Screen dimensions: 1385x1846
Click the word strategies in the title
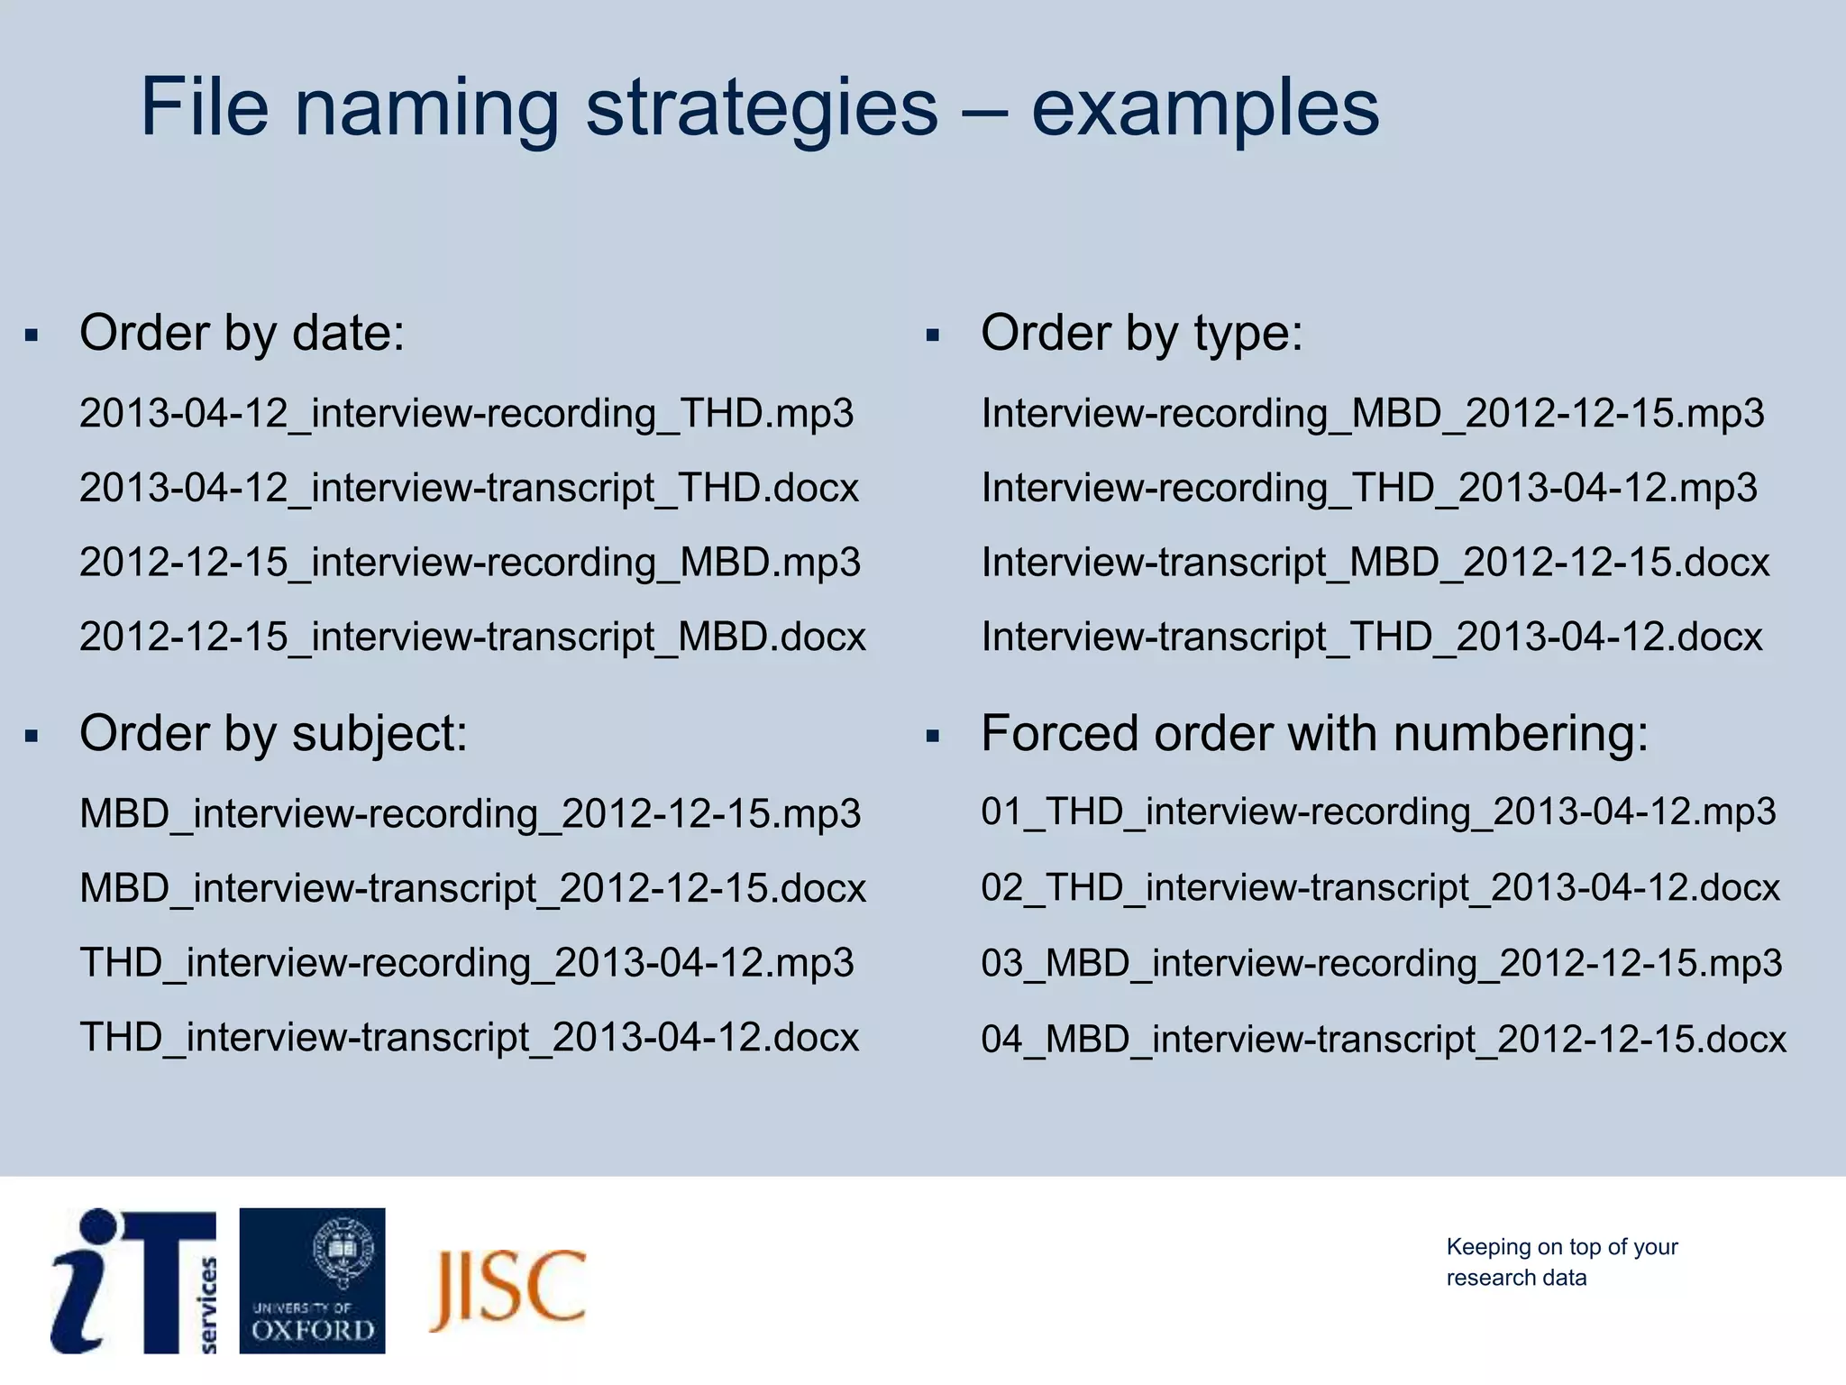(x=762, y=108)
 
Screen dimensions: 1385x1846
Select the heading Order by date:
(x=242, y=333)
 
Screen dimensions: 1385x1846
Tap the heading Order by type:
(x=1141, y=333)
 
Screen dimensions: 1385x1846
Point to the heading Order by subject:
(x=273, y=733)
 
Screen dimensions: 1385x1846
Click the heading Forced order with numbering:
(x=1314, y=733)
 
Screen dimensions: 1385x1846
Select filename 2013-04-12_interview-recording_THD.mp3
(x=466, y=413)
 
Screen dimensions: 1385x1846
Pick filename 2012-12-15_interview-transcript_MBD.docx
(x=472, y=637)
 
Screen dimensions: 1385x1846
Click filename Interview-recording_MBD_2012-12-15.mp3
(x=1372, y=413)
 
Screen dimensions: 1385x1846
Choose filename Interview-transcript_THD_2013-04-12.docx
(x=1371, y=637)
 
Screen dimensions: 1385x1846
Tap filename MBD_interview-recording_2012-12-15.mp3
(x=470, y=813)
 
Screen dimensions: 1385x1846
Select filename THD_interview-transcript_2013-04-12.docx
(x=469, y=1037)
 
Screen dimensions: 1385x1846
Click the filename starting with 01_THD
(x=1377, y=812)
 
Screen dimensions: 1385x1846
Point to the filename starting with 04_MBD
(x=1383, y=1039)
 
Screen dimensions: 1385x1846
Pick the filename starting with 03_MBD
(x=1381, y=963)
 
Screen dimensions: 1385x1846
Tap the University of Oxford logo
(x=312, y=1280)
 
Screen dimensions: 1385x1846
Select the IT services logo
(x=135, y=1280)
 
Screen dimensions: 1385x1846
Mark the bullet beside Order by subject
(x=32, y=737)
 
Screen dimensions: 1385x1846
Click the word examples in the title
(x=1204, y=108)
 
